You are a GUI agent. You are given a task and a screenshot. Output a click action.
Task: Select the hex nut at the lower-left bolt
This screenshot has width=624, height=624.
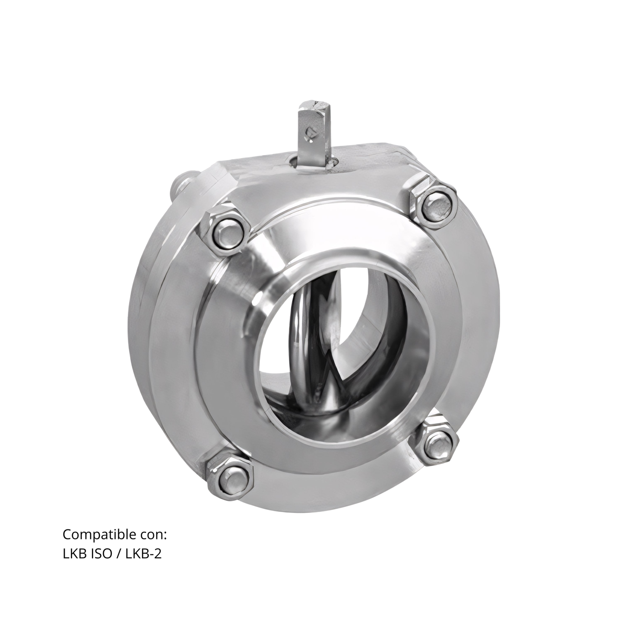(x=230, y=476)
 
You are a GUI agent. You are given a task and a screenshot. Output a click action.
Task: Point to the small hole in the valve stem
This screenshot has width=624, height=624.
(x=309, y=131)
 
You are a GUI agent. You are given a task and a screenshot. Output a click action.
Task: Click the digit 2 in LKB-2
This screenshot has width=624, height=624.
(x=158, y=554)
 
